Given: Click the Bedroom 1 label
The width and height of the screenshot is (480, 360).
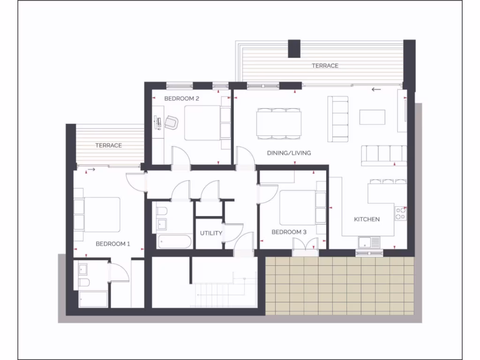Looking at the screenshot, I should click(x=112, y=244).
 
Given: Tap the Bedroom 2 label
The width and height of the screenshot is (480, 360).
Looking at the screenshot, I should click(x=182, y=98).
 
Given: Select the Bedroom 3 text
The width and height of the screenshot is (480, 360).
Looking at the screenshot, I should click(x=289, y=232).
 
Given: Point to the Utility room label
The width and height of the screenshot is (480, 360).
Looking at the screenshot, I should click(x=211, y=233).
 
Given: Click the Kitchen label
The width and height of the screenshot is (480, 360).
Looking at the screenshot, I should click(x=367, y=219).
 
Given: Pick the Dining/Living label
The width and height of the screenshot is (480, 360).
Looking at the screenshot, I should click(x=289, y=153).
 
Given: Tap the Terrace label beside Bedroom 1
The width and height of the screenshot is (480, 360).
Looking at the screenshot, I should click(x=109, y=145).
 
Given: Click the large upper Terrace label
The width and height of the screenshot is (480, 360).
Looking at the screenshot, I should click(x=325, y=66).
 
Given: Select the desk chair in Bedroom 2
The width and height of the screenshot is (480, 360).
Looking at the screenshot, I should click(x=171, y=122).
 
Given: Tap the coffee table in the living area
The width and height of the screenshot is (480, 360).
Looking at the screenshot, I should click(x=372, y=117).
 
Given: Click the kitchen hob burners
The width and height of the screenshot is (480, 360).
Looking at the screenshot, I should click(x=401, y=214).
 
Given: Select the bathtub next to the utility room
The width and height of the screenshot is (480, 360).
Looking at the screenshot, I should click(x=174, y=241).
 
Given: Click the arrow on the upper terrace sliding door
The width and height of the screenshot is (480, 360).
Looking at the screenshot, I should click(x=375, y=89).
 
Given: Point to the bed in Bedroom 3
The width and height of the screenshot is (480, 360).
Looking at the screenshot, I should click(x=300, y=207).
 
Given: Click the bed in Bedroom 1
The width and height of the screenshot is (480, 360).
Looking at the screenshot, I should click(x=99, y=214).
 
